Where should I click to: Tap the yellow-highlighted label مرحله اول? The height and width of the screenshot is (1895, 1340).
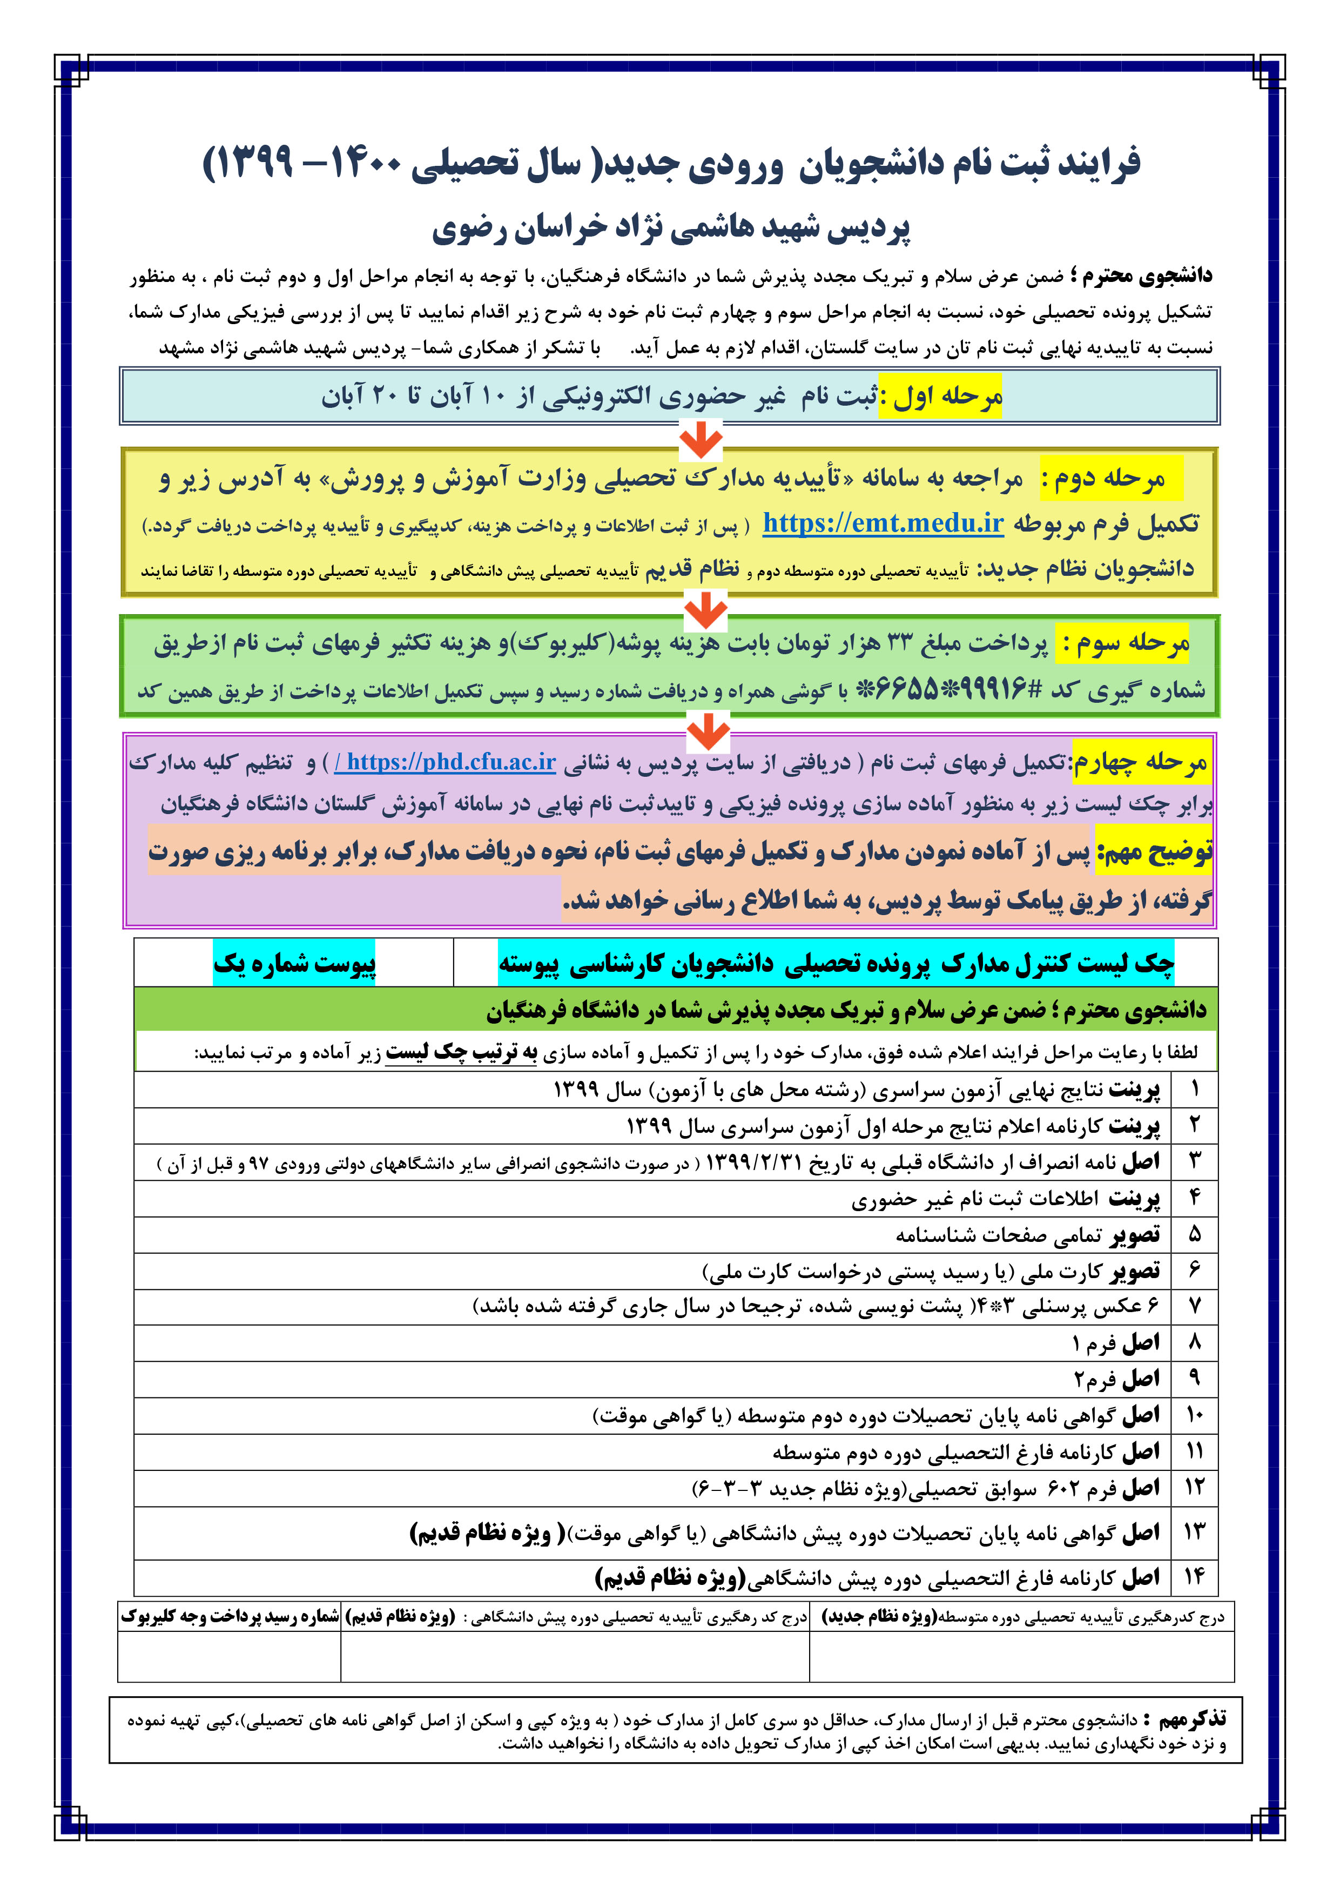(941, 396)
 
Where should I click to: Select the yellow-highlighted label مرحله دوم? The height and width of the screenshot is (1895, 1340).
(1110, 478)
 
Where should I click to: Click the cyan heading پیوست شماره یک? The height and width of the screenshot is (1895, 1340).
(294, 963)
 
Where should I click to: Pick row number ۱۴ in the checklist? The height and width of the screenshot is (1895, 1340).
(1194, 1577)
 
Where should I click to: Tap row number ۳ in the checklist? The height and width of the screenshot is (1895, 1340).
(1194, 1161)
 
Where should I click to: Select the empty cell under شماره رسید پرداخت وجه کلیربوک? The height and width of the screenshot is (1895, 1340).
(230, 1656)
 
